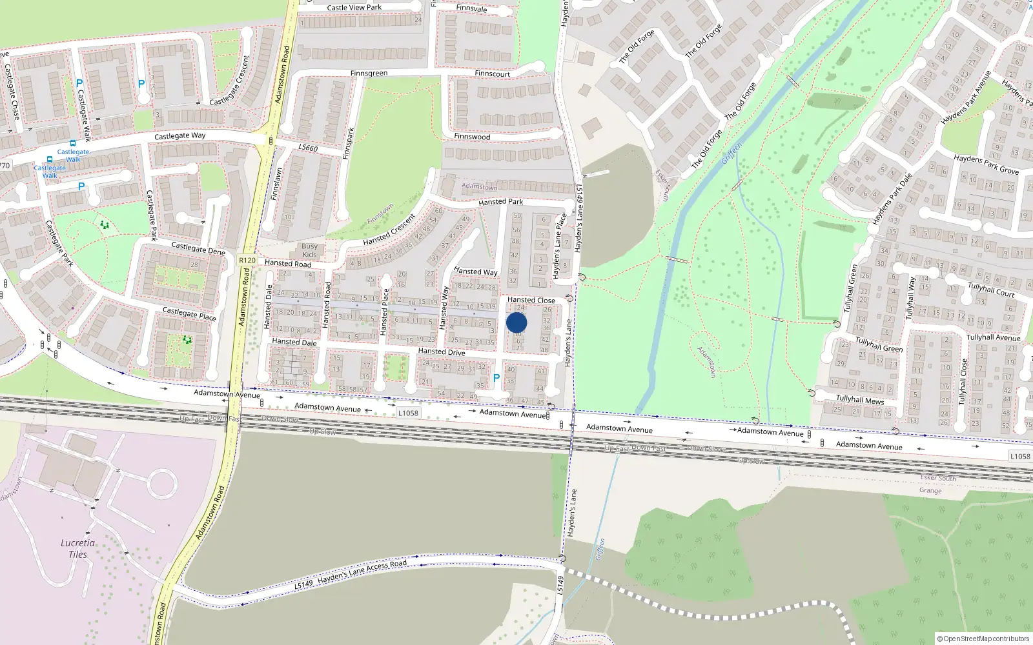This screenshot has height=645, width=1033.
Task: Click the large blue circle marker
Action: click(516, 323)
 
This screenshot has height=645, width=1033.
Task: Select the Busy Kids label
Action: click(310, 250)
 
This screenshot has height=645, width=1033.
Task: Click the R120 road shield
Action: click(247, 260)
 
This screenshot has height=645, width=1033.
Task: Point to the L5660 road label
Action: click(308, 148)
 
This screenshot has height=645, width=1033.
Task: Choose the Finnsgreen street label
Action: click(369, 74)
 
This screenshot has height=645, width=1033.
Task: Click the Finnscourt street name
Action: click(492, 74)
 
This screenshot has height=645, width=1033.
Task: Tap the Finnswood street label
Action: click(472, 137)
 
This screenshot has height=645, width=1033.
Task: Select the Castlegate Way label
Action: click(179, 136)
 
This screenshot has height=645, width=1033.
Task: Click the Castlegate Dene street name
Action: click(198, 248)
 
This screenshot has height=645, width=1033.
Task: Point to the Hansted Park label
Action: click(500, 202)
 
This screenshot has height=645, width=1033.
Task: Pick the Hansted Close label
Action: click(531, 300)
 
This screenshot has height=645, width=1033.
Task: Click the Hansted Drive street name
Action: click(442, 352)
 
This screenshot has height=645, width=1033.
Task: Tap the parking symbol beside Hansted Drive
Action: click(496, 379)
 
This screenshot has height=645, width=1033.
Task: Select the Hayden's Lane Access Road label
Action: click(362, 570)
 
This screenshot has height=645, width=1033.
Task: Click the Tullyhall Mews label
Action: click(860, 400)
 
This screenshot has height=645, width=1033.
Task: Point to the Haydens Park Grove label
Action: click(986, 164)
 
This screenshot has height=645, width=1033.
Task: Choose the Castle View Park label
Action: click(354, 8)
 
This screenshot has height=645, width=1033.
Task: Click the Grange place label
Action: click(930, 491)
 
